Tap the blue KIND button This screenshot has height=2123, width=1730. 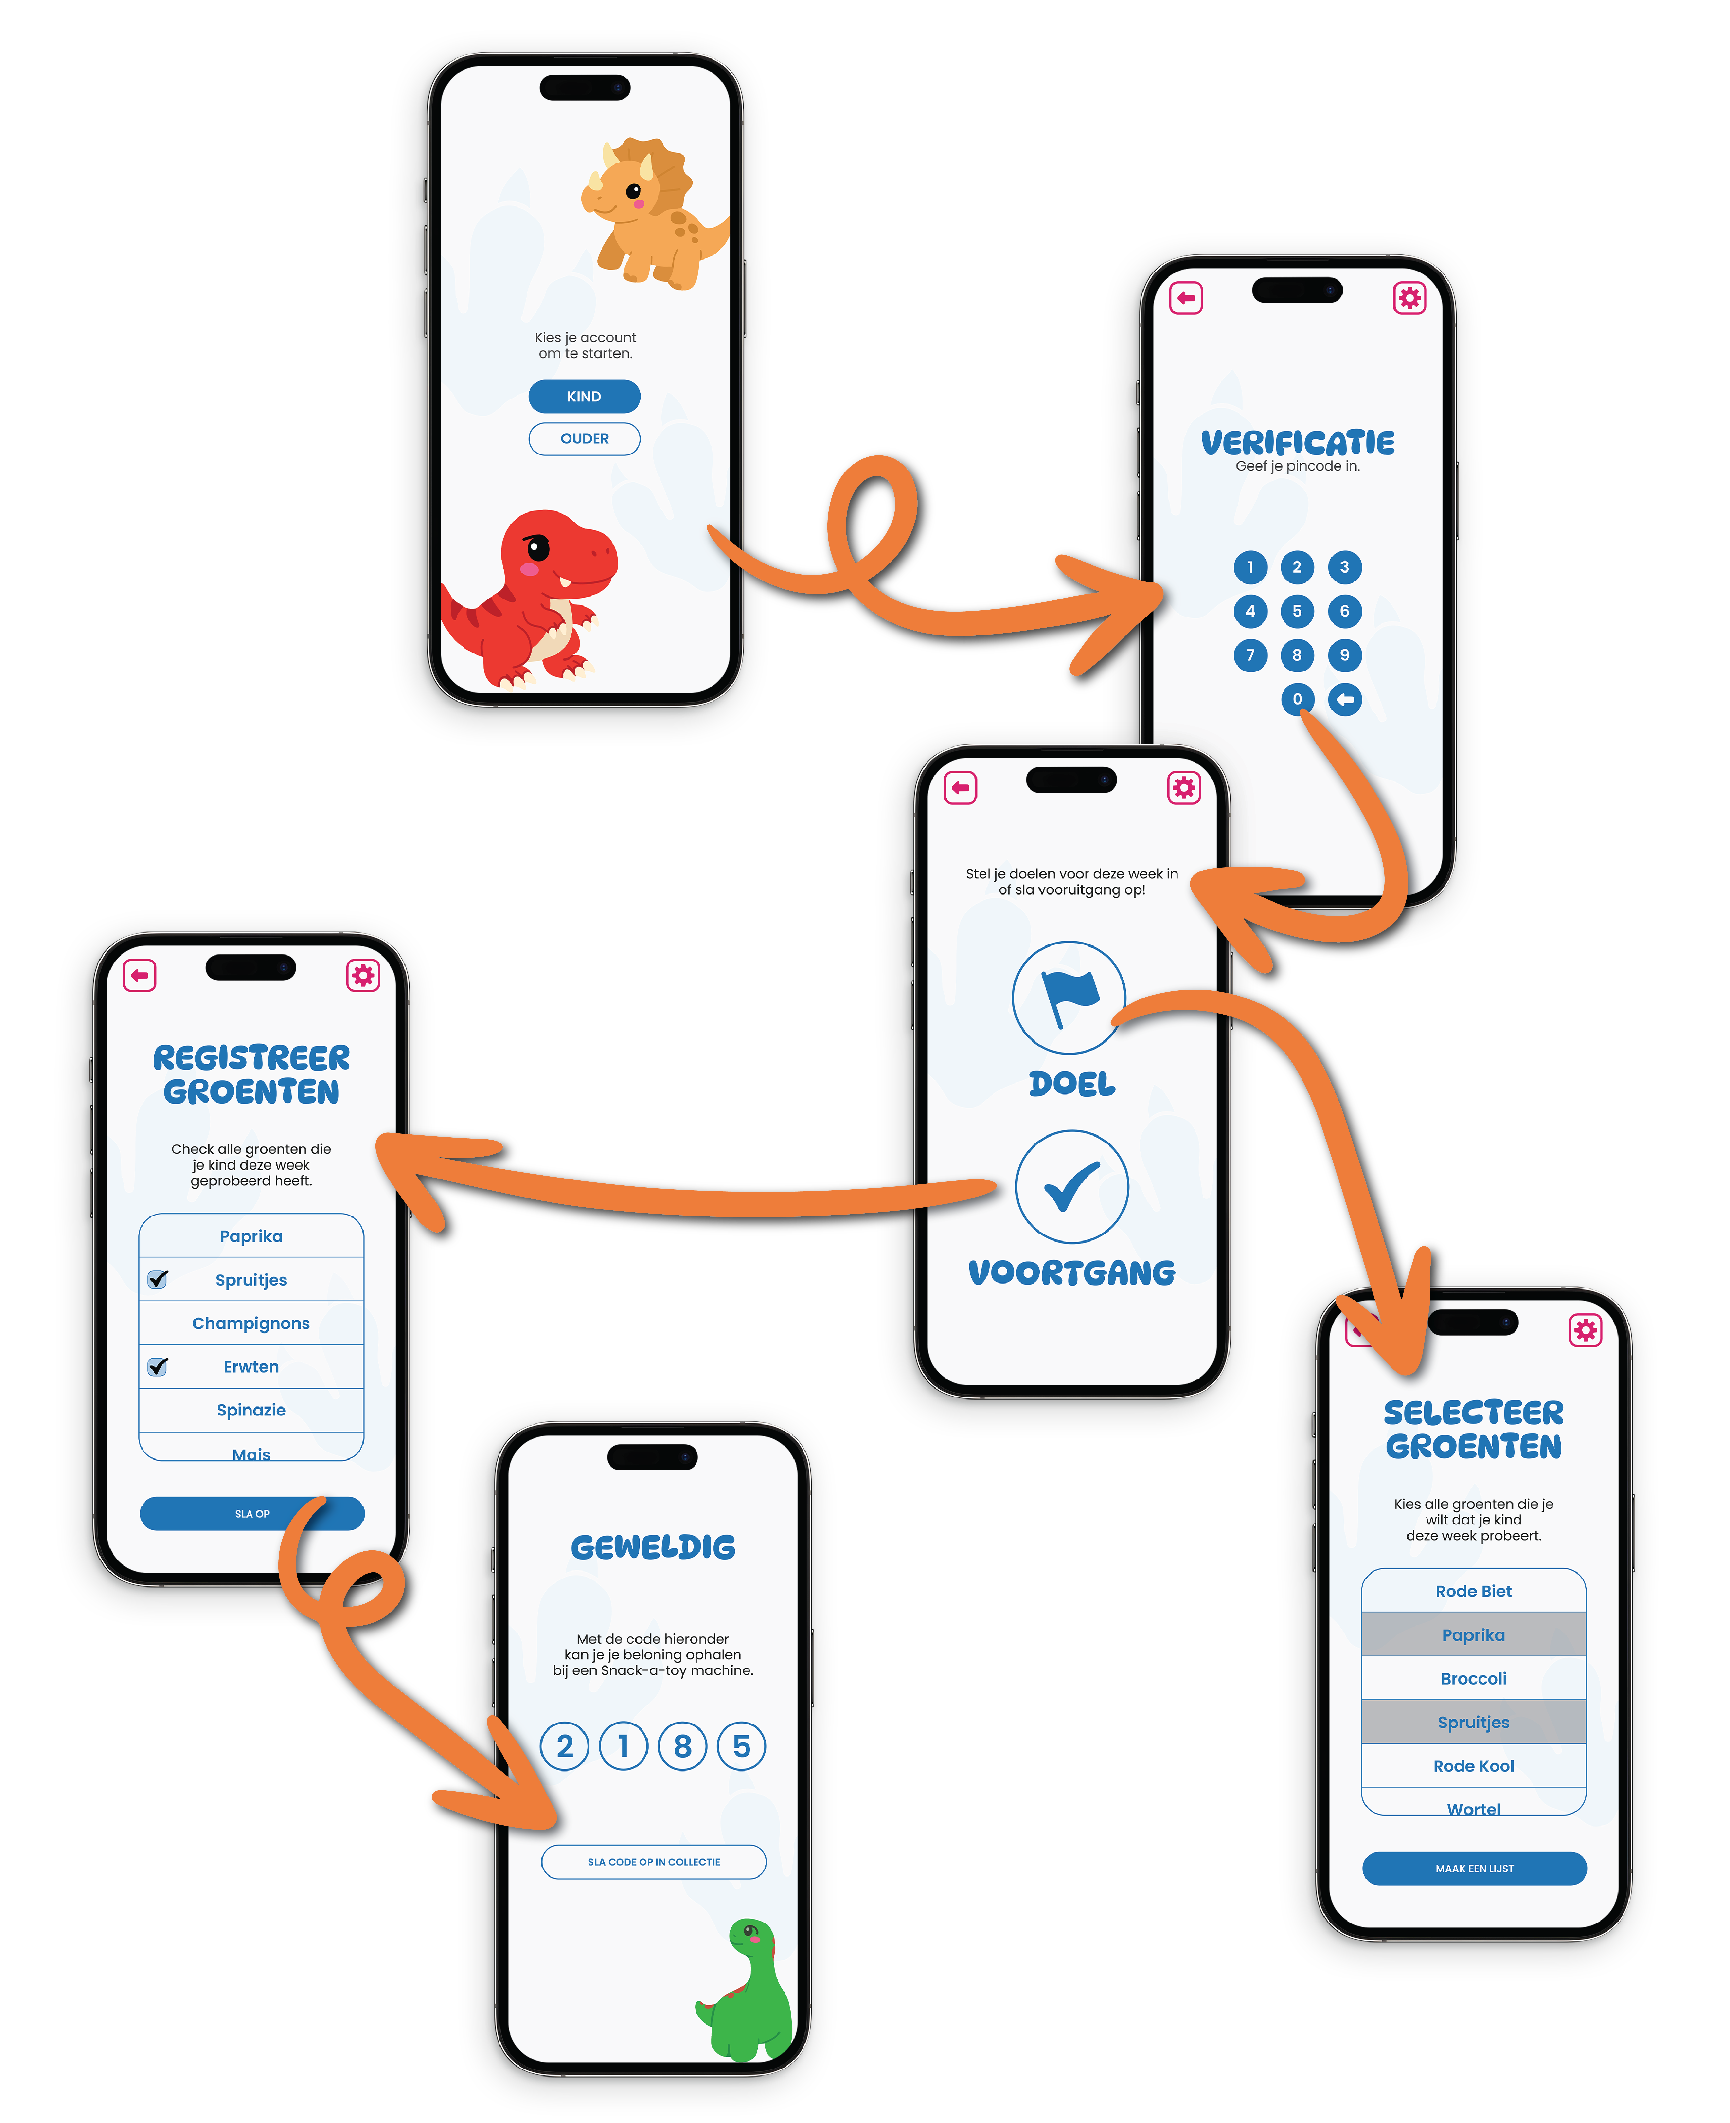click(584, 397)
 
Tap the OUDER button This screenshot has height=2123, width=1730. click(584, 438)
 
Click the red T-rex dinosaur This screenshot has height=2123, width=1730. click(538, 598)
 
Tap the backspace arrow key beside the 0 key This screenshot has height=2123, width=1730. click(1344, 700)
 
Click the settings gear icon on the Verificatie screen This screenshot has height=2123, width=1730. click(1409, 298)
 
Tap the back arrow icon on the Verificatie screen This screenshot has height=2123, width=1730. click(1186, 298)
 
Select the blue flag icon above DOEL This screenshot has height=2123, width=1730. click(1069, 997)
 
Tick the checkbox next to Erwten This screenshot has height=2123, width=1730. click(158, 1366)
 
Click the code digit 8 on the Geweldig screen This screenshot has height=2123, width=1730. click(683, 1746)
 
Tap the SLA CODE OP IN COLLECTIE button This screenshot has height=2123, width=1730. click(654, 1862)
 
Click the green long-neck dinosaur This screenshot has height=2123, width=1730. click(752, 1994)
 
